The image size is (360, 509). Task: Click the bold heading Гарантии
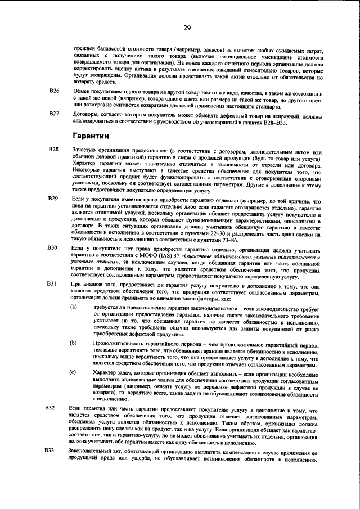[x=93, y=136]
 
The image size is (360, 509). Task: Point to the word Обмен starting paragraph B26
[x=81, y=91]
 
